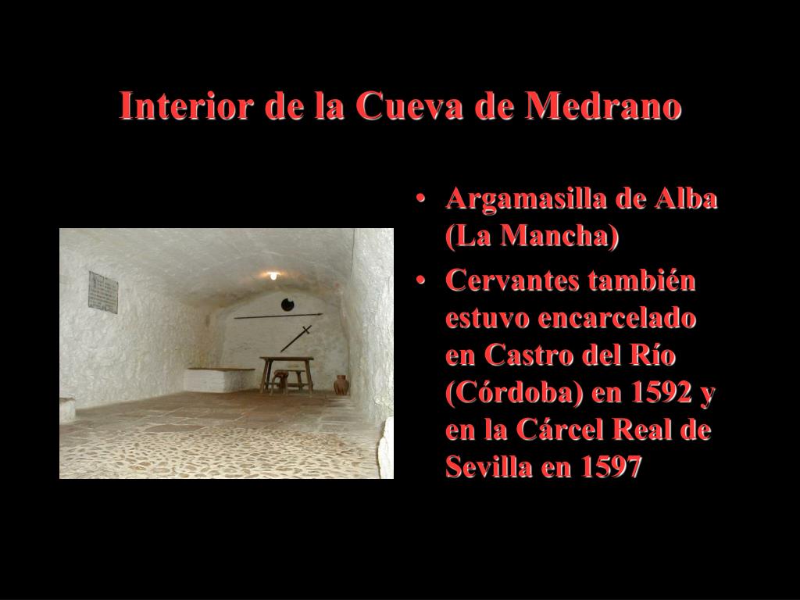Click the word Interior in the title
pyautogui.click(x=186, y=105)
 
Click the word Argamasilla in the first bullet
pyautogui.click(x=526, y=200)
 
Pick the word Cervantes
pyautogui.click(x=512, y=280)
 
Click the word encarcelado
pyautogui.click(x=616, y=318)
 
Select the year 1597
pyautogui.click(x=611, y=466)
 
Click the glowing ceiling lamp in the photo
pyautogui.click(x=274, y=276)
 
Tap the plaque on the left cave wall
pyautogui.click(x=103, y=292)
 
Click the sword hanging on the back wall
pyautogui.click(x=296, y=339)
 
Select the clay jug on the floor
pyautogui.click(x=341, y=384)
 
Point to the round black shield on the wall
pyautogui.click(x=287, y=305)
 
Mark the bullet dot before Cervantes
pyautogui.click(x=420, y=280)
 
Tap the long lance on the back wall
pyautogui.click(x=279, y=316)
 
